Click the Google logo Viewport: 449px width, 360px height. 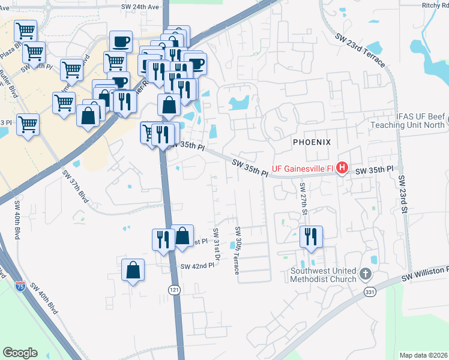[x=20, y=353]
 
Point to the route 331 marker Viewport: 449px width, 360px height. [x=370, y=291]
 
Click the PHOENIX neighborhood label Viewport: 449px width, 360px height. [x=312, y=142]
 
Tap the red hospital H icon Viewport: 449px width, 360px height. [x=342, y=167]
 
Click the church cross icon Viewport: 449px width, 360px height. [x=365, y=275]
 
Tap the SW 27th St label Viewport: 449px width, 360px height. [x=304, y=200]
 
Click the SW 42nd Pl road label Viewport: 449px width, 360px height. [x=197, y=266]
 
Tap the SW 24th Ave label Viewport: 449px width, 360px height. [x=143, y=7]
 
